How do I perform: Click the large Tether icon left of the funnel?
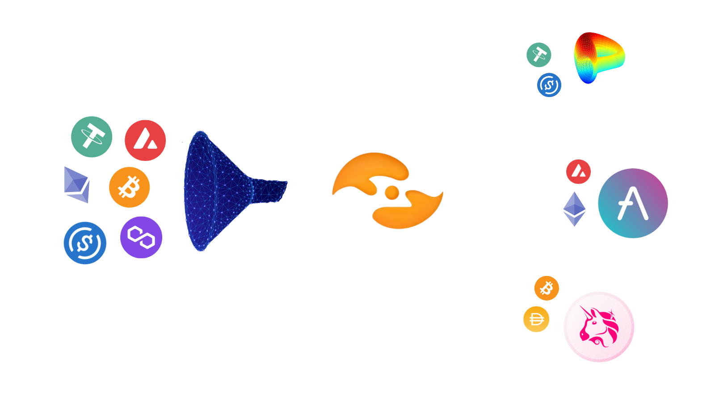coord(92,137)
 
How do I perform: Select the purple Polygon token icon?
coord(141,237)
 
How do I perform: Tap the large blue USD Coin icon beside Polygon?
coord(85,243)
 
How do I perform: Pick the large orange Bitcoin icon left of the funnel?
coord(129,187)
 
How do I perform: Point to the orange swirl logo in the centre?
coord(387,191)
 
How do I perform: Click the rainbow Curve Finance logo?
coord(599,58)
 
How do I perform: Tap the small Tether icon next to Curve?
coord(538,55)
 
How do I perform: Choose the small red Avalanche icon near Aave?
coord(579,172)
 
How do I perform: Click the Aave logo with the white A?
coord(633,203)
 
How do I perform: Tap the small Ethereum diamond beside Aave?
coord(574,209)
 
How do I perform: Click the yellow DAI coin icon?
coord(536,319)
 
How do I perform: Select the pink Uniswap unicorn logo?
coord(599,327)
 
